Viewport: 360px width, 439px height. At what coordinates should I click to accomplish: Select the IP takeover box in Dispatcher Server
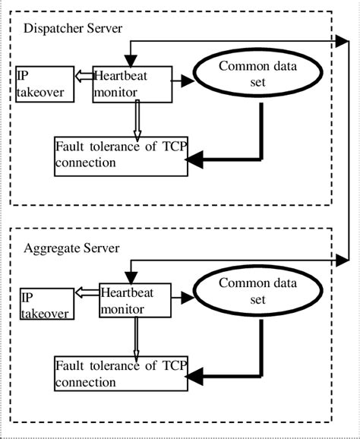pos(44,84)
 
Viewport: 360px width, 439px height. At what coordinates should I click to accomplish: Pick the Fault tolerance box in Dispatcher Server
pos(121,156)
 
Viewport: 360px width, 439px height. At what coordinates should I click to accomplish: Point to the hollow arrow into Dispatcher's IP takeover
pos(84,76)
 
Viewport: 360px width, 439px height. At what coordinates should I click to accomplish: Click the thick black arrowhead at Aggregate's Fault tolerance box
pos(196,374)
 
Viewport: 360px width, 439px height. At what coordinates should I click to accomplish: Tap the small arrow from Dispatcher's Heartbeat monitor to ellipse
pos(182,78)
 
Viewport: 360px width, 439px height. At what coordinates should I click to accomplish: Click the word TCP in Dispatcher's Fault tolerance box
pos(171,149)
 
